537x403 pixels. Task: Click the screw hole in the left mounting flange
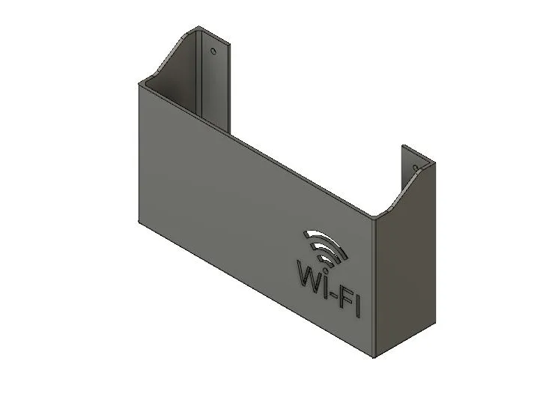click(213, 52)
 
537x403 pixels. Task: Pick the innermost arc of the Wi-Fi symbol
click(322, 258)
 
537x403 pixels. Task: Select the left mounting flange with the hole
click(214, 75)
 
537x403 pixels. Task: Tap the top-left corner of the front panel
click(140, 82)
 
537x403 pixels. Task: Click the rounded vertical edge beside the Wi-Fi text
click(374, 285)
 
